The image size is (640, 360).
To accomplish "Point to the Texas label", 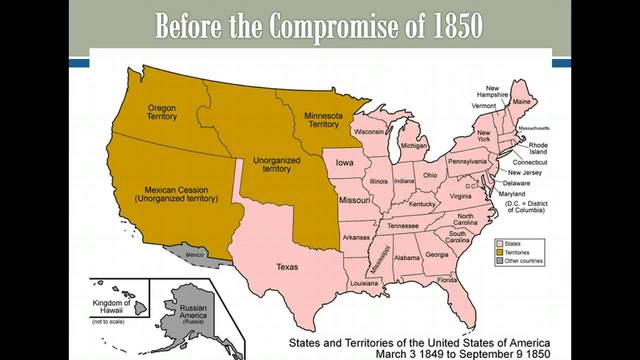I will click(287, 267).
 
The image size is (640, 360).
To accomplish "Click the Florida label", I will click(446, 280).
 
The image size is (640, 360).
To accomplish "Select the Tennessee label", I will click(403, 226).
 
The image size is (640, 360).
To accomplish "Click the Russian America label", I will click(184, 313).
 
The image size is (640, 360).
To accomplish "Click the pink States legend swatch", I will click(499, 243).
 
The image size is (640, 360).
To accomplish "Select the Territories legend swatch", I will click(499, 253).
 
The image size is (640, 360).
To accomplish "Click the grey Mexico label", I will click(194, 255).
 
